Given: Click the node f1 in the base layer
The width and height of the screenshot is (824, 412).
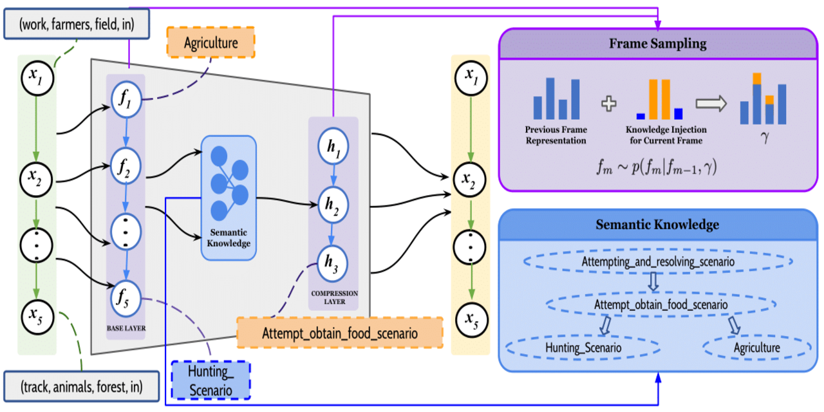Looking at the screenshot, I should click(126, 99).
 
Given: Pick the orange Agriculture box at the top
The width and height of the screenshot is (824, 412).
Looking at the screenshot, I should click(211, 43).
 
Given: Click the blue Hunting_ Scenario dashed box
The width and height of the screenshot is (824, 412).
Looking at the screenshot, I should click(211, 379).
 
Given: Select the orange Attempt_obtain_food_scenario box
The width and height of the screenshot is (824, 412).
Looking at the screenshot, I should click(339, 333).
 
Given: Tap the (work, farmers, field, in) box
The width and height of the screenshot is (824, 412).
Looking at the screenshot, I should click(76, 25).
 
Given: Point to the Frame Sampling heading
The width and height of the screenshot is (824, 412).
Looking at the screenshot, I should click(658, 44).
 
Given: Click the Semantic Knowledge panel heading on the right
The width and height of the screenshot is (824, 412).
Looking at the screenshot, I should click(658, 225).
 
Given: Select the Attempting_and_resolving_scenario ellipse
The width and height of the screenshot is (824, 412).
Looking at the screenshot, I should click(658, 262).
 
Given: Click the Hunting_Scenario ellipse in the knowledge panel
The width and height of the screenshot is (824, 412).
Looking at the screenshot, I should click(583, 348).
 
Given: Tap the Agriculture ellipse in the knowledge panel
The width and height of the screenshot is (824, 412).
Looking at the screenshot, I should click(756, 348).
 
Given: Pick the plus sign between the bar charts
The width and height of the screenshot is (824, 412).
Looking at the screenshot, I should click(608, 103).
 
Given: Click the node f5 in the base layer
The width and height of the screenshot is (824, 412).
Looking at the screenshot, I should click(126, 297).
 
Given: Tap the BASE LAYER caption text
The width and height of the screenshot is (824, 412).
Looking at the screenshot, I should click(126, 328).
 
